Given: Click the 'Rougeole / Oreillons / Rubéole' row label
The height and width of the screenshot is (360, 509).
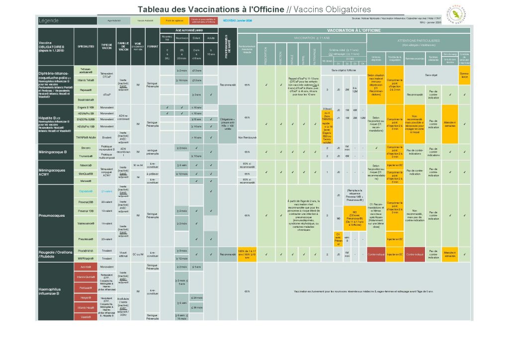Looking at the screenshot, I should click(x=55, y=255).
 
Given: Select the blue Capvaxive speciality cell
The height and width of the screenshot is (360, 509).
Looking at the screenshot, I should click(x=85, y=191).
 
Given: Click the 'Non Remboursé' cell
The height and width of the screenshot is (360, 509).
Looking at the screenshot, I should click(x=247, y=137).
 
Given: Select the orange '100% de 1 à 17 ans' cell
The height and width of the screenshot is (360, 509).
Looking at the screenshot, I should click(x=247, y=255).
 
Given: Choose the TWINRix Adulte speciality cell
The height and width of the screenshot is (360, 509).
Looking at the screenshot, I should click(x=85, y=137).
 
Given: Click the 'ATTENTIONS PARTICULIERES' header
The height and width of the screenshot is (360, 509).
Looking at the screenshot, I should click(x=419, y=41).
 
